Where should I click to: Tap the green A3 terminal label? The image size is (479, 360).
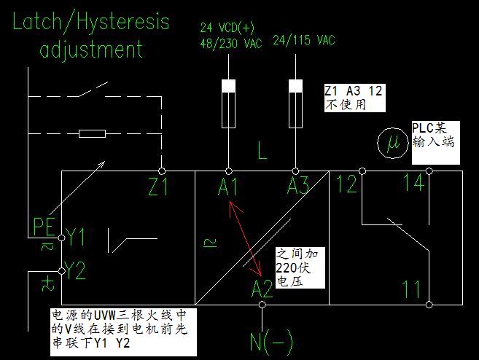297,187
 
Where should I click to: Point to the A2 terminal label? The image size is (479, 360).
262,289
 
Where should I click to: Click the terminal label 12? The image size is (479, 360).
347,185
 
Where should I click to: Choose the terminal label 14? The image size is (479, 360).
413,183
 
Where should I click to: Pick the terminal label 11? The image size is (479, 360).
413,290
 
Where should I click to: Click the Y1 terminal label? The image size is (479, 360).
76,236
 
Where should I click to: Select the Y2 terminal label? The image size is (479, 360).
76,273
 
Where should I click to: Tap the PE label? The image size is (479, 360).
44,227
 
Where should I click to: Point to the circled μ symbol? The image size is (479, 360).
393,143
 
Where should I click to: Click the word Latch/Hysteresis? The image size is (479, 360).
90,22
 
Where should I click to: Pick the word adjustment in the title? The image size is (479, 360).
91,50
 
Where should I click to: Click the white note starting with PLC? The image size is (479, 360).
433,134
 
